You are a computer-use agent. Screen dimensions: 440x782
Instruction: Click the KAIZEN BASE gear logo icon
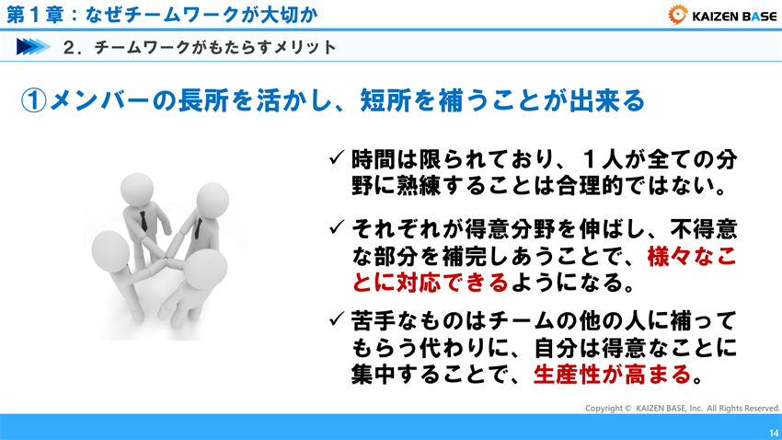(x=678, y=14)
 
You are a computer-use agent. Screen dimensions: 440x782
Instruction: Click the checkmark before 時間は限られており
(x=337, y=157)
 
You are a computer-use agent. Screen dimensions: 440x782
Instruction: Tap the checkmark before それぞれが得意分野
(x=337, y=226)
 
